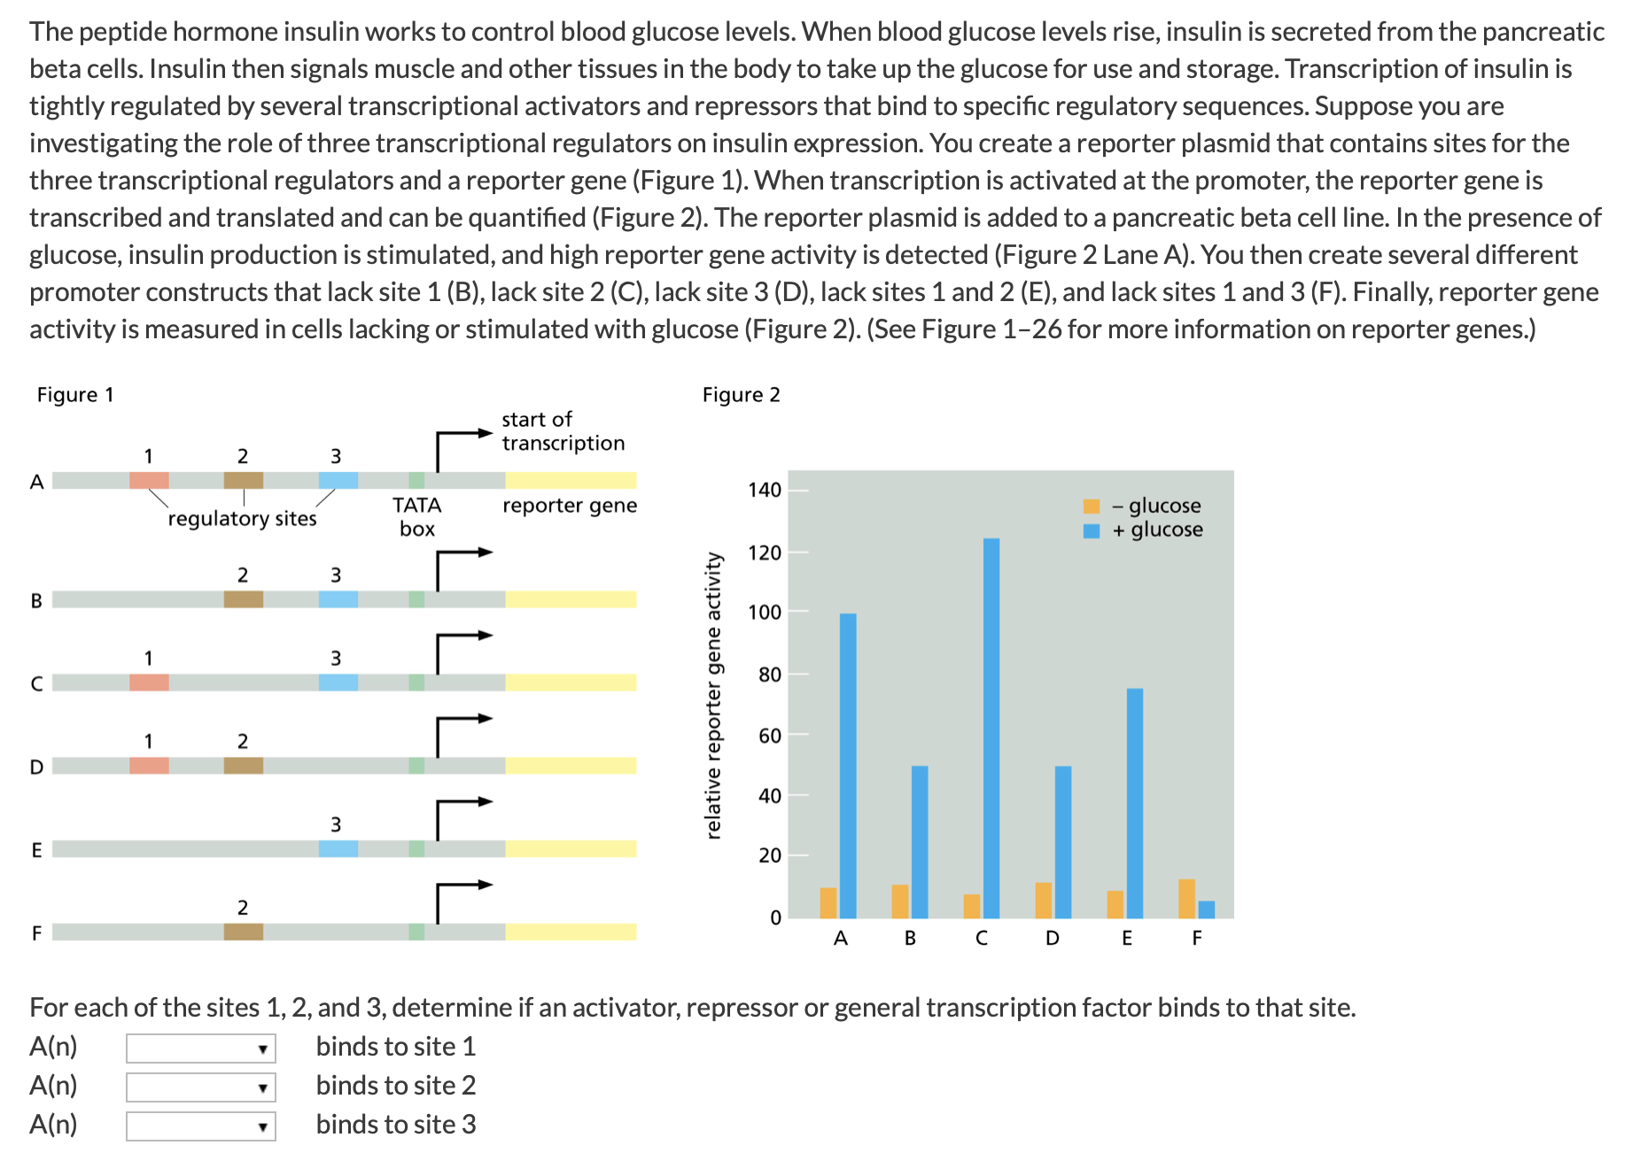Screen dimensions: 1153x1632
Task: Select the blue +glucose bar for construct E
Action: pyautogui.click(x=1135, y=802)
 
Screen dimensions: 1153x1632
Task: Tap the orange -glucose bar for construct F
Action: pyautogui.click(x=1187, y=898)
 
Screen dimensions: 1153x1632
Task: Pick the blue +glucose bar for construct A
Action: pyautogui.click(x=848, y=765)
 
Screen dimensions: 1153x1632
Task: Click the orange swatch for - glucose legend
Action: pyautogui.click(x=1092, y=507)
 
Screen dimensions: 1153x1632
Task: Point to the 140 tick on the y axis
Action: pyautogui.click(x=765, y=490)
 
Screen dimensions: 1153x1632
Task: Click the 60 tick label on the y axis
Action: pyautogui.click(x=770, y=735)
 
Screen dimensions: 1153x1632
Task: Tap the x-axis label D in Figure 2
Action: pyautogui.click(x=1053, y=939)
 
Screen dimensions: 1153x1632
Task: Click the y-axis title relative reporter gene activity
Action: pyautogui.click(x=713, y=695)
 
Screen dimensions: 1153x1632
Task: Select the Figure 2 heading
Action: pyautogui.click(x=741, y=395)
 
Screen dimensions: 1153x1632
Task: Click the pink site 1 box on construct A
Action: pyautogui.click(x=149, y=481)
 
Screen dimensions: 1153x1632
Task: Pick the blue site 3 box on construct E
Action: pyautogui.click(x=338, y=848)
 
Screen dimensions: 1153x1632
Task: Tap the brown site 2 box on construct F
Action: pyautogui.click(x=244, y=932)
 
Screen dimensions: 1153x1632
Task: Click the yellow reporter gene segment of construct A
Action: pyautogui.click(x=571, y=481)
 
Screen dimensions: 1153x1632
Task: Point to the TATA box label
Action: pyautogui.click(x=417, y=516)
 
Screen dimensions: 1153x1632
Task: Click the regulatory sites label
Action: pyautogui.click(x=242, y=519)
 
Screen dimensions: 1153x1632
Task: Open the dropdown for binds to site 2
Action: pyautogui.click(x=201, y=1087)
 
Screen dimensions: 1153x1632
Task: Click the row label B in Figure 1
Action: pyautogui.click(x=36, y=600)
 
